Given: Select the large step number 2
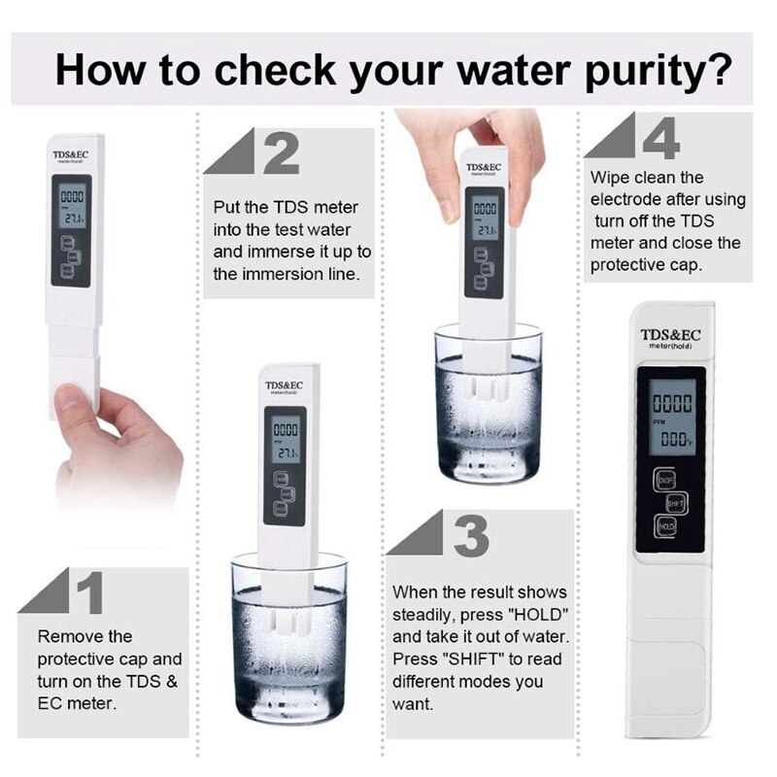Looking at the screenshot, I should coord(281,152).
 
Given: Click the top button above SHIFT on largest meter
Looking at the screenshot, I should coord(665,479).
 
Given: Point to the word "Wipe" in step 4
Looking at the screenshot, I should coord(610,178).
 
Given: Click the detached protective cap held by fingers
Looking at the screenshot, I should coord(75,382).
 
